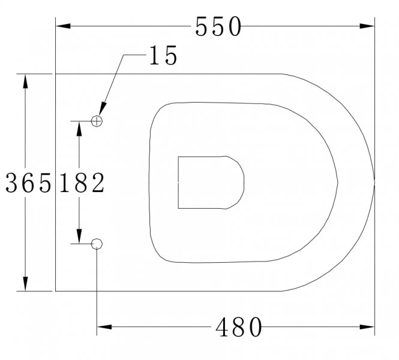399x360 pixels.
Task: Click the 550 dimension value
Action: click(218, 26)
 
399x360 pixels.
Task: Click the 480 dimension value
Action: click(239, 328)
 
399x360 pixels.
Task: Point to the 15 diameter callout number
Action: click(163, 56)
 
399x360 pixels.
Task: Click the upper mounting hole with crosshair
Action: click(97, 121)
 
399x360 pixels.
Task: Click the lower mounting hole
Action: click(97, 243)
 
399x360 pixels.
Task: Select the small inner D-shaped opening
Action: click(211, 183)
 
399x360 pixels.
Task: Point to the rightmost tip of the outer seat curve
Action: click(374, 182)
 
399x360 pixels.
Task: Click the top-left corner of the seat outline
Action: click(56, 74)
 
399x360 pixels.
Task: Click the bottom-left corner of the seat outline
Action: click(56, 291)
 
